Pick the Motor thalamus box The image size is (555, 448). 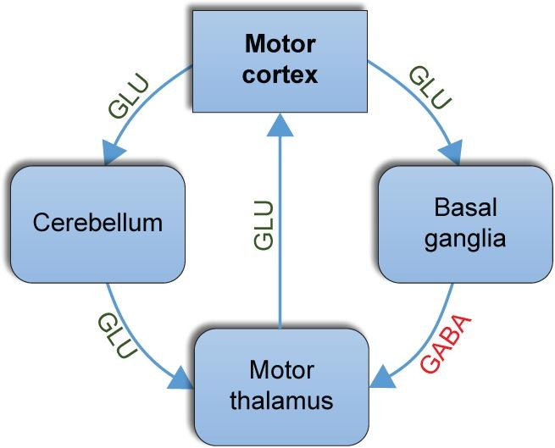tap(281, 384)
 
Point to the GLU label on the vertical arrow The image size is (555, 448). tap(264, 224)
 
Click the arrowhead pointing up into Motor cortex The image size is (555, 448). tap(279, 124)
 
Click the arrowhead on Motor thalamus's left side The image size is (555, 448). tap(182, 379)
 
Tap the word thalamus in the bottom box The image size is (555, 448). tap(281, 399)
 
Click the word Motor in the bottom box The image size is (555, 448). tap(281, 370)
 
